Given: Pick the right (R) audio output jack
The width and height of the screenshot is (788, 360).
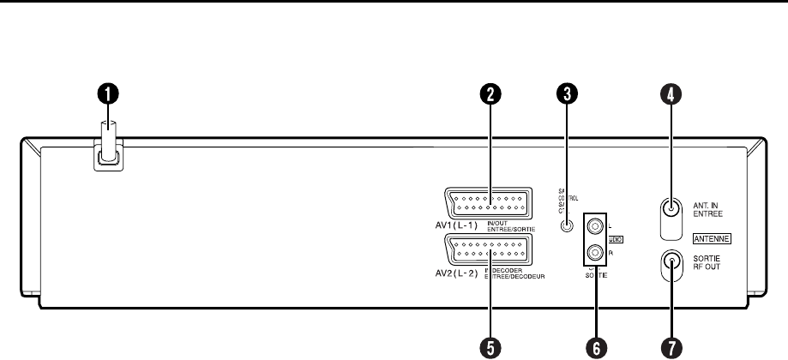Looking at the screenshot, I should (x=594, y=253).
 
